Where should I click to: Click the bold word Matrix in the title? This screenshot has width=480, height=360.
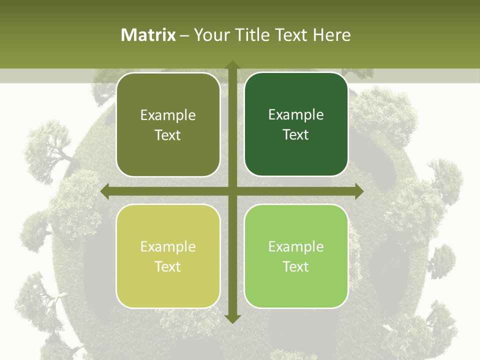pos(148,35)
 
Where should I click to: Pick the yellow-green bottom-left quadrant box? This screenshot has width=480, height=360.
pos(168,290)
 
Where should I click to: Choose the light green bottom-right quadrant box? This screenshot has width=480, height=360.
pos(296,290)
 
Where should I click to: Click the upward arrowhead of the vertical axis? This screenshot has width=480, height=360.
pos(232,65)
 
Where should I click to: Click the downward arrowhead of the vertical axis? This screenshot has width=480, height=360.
pos(232,318)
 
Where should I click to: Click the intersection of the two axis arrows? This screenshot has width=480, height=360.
pos(232,191)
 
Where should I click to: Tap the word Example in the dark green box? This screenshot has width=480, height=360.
pos(296,115)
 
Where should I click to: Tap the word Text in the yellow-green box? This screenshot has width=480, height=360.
pos(167,266)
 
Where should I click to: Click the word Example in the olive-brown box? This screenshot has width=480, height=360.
pos(168,115)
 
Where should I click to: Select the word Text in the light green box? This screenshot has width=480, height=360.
pos(295,266)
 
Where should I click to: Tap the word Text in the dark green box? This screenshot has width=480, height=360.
pos(295,135)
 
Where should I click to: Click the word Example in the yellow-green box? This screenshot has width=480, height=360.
pos(168,247)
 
